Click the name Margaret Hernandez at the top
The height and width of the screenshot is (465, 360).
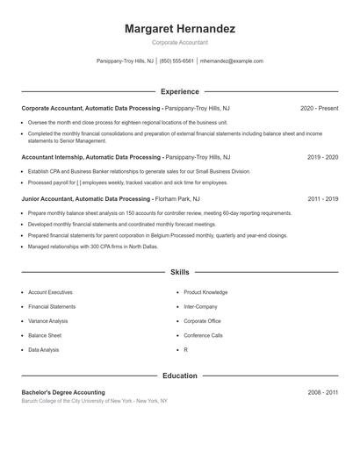pyautogui.click(x=180, y=29)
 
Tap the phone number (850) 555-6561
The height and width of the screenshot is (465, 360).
pyautogui.click(x=176, y=61)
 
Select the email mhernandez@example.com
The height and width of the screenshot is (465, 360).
pyautogui.click(x=231, y=61)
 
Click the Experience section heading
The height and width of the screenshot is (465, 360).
pyautogui.click(x=180, y=91)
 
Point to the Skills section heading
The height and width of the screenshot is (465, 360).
pyautogui.click(x=180, y=272)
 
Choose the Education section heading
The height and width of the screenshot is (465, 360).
pyautogui.click(x=180, y=376)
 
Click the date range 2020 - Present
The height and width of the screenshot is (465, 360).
pyautogui.click(x=319, y=108)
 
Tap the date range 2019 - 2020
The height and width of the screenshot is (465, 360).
pyautogui.click(x=322, y=157)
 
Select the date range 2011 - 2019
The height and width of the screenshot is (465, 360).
pyautogui.click(x=322, y=199)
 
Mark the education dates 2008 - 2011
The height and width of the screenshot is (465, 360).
pyautogui.click(x=322, y=392)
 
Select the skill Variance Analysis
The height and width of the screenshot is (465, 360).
pyautogui.click(x=48, y=321)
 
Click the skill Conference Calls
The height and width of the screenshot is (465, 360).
pyautogui.click(x=203, y=335)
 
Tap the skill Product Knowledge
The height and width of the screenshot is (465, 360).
pyautogui.click(x=205, y=292)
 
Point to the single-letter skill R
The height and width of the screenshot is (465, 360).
pyautogui.click(x=185, y=350)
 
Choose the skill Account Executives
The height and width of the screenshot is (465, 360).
pyautogui.click(x=50, y=292)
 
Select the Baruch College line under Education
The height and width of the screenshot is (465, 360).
pyautogui.click(x=94, y=401)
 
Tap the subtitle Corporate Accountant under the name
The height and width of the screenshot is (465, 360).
pyautogui.click(x=180, y=42)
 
